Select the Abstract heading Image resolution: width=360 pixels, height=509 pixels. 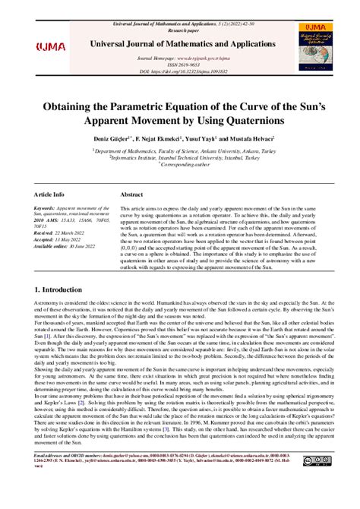[x=133, y=194]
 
